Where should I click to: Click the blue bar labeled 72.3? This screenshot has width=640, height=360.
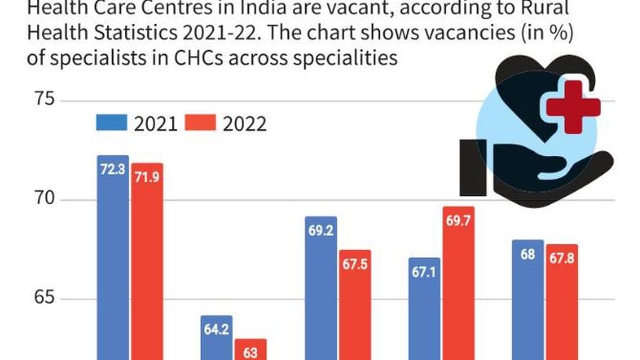tap(113, 256)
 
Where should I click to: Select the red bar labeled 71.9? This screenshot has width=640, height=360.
tap(147, 261)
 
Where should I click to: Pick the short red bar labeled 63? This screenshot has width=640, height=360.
tap(251, 349)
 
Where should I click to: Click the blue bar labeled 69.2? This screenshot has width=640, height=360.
tap(321, 288)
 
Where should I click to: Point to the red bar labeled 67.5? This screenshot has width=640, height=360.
tap(355, 304)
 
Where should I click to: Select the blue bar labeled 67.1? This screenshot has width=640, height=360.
tap(425, 309)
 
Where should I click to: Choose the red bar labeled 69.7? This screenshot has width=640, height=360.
tap(458, 283)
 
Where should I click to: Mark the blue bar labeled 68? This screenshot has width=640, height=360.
tap(528, 299)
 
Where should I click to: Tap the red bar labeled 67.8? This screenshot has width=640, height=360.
tap(562, 301)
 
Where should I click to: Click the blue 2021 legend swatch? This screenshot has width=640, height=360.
tap(111, 123)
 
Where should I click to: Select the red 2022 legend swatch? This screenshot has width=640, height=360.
tap(201, 123)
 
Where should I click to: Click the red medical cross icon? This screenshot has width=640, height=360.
tap(574, 107)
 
